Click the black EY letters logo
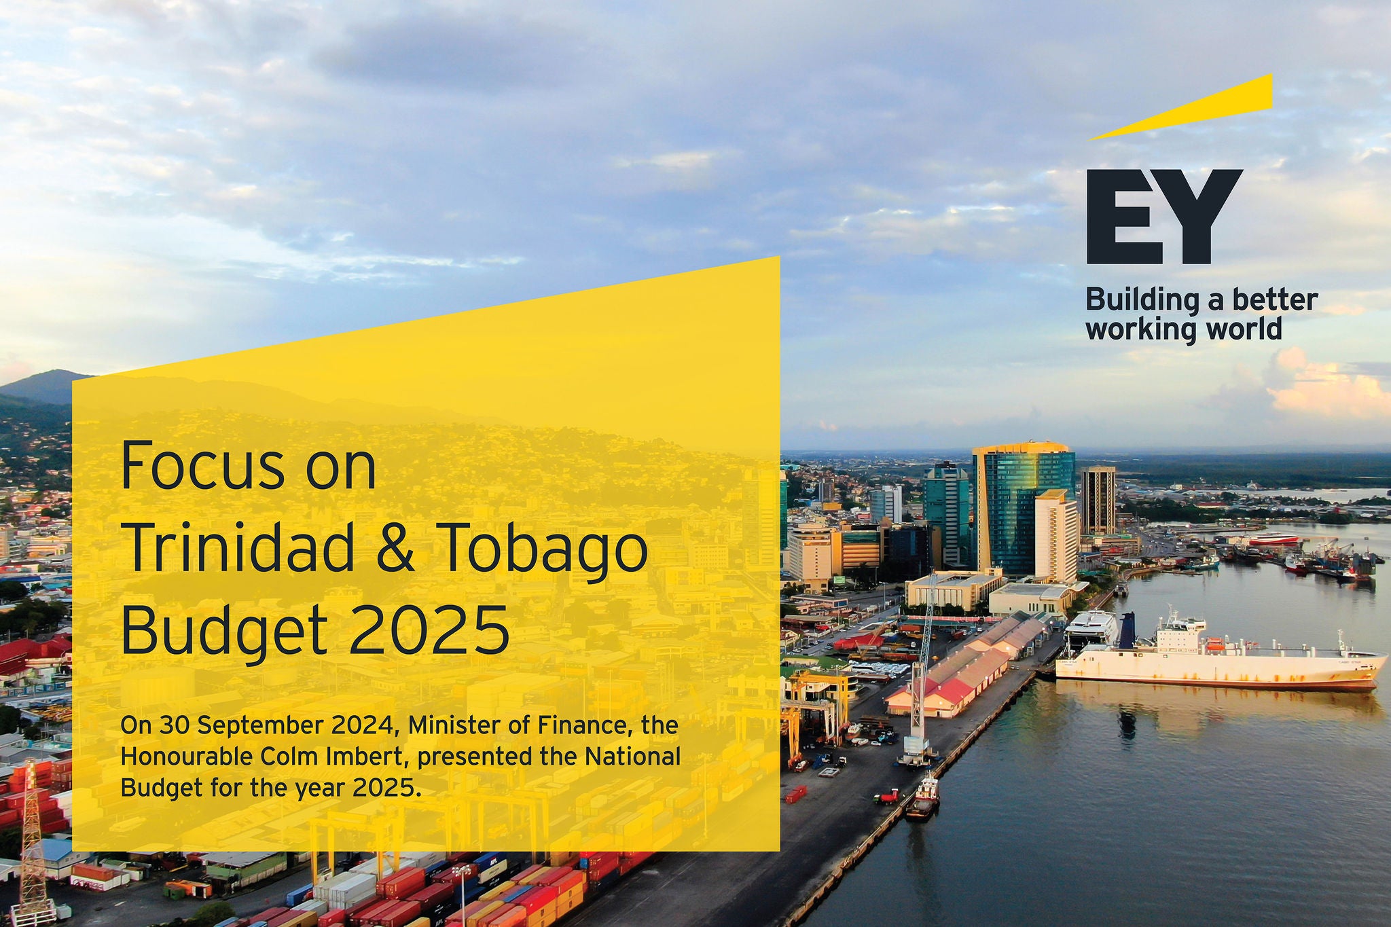[1164, 216]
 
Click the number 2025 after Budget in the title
[429, 628]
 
